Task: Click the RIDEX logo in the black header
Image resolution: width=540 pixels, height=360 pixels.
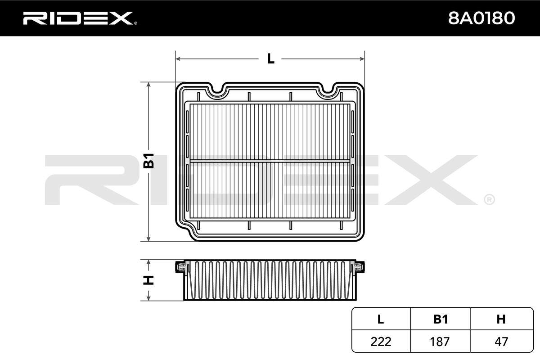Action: click(x=80, y=18)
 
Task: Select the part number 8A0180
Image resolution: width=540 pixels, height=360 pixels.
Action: click(x=481, y=18)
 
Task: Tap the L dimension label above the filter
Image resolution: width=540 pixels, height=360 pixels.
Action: click(x=271, y=58)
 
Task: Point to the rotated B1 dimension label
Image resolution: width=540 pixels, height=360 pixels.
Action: click(x=148, y=161)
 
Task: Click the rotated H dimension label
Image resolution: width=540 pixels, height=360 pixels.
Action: click(x=148, y=280)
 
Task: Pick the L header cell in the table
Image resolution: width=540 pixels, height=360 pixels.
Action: click(x=381, y=319)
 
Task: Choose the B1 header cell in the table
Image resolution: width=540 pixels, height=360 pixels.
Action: click(x=441, y=319)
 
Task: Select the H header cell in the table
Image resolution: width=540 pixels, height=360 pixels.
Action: click(x=501, y=319)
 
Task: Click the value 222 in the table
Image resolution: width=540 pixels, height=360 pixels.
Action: click(x=381, y=342)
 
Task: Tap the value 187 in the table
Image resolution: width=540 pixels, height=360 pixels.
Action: click(x=440, y=342)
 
